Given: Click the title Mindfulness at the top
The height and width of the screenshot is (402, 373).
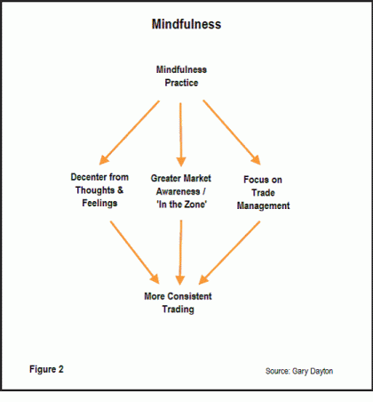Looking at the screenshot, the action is [x=186, y=24].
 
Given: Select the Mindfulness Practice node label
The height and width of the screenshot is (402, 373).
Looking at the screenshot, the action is [x=181, y=76].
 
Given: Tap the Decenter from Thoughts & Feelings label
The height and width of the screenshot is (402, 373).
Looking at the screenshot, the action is [x=99, y=190].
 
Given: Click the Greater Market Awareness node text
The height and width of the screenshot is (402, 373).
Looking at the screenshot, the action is [x=181, y=191].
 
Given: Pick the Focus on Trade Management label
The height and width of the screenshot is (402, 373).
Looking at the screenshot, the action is [x=263, y=193].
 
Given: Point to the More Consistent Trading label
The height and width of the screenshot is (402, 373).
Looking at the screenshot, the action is [x=178, y=302].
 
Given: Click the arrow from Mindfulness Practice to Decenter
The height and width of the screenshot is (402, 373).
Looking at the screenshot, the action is [x=130, y=133].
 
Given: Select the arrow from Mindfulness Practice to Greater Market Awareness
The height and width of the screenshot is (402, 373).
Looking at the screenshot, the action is [x=180, y=134].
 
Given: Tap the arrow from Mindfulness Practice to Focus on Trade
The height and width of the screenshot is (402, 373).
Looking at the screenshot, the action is [x=232, y=133].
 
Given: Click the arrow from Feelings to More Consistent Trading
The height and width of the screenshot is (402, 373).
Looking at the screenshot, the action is [x=135, y=253].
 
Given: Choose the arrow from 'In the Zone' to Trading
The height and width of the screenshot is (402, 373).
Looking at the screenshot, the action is [x=180, y=253].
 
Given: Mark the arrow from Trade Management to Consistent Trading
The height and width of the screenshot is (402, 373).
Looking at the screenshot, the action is [x=229, y=253].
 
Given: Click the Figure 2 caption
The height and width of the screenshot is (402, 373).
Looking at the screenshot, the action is [x=46, y=369].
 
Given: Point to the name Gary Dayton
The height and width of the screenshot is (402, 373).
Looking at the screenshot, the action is [x=313, y=371].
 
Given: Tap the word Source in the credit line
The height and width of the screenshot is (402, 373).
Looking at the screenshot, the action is [x=277, y=371].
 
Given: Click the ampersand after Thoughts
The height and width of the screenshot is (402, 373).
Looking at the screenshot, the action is [x=120, y=189].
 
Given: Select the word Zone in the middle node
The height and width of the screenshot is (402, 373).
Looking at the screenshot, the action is [x=195, y=205].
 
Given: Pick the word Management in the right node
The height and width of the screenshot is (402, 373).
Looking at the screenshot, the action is [x=263, y=205].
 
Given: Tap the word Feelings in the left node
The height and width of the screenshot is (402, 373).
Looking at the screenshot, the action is [x=99, y=204].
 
